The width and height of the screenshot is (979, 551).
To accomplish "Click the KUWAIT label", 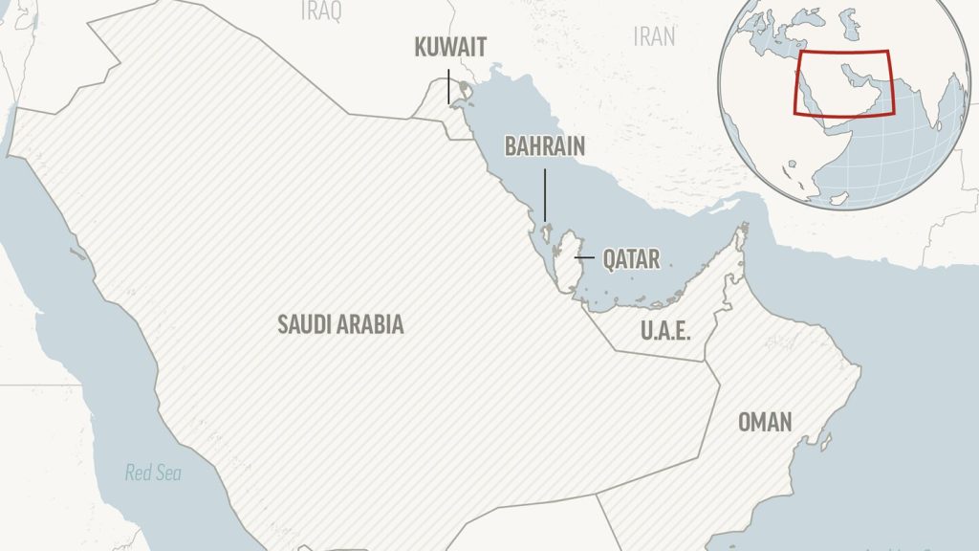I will pos(450,47).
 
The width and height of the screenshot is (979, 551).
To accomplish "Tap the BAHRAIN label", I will pos(545,146).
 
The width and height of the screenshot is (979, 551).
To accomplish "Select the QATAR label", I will pos(631,258).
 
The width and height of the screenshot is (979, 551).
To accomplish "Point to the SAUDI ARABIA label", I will pos(340,324).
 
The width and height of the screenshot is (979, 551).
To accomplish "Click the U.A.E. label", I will pos(664,332).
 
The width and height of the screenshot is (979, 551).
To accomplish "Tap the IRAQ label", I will pos(321,11).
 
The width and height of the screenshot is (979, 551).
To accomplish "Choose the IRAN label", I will pos(654,36).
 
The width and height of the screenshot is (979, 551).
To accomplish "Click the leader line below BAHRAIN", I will pos(545,194).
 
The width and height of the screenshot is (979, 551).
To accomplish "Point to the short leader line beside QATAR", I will pos(584,258).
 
